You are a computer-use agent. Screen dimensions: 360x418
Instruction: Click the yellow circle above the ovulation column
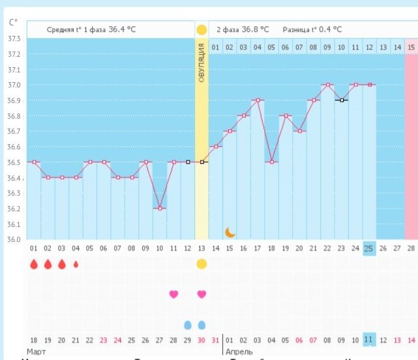coord(202,30)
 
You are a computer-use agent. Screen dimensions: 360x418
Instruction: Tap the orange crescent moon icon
coord(230,232)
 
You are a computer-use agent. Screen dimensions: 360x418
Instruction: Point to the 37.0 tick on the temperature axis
coord(14,85)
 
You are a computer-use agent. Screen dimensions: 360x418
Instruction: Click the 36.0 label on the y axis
coord(14,239)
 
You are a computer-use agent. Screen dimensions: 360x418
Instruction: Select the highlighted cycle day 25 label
coord(369,248)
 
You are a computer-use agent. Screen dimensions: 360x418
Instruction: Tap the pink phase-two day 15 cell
coord(411,47)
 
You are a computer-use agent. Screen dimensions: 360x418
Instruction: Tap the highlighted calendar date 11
coord(369,340)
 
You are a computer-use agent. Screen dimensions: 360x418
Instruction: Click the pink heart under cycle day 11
coord(173,294)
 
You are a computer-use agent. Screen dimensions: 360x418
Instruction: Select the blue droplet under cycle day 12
coord(188,325)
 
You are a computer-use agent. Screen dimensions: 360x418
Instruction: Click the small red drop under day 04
coord(76,264)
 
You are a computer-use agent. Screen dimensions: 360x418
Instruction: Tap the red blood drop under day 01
coord(33,264)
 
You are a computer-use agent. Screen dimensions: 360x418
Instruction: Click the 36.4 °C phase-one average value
coord(123,29)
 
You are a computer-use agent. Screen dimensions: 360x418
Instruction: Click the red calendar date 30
coord(202,340)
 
